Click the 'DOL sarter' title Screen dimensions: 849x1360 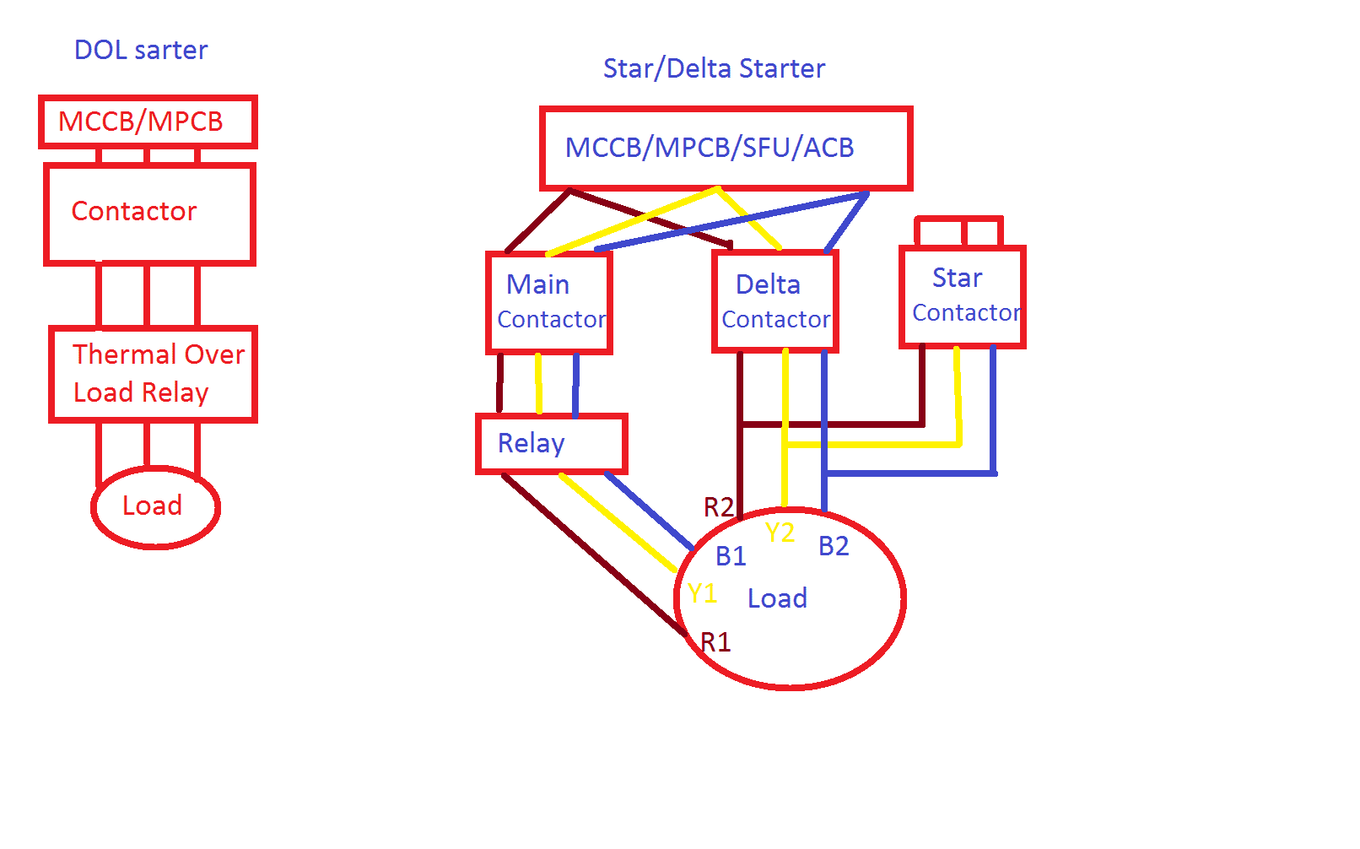click(x=141, y=50)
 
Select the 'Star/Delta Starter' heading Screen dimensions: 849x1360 click(x=714, y=68)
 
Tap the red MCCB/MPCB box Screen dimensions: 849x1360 click(x=148, y=122)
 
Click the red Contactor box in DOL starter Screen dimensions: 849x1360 click(x=149, y=214)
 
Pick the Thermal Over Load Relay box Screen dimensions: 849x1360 click(x=153, y=374)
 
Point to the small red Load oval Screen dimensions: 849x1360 click(x=155, y=506)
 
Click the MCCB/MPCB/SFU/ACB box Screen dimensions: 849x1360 click(x=726, y=148)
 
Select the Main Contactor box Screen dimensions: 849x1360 click(x=549, y=302)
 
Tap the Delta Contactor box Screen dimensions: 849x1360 click(x=775, y=301)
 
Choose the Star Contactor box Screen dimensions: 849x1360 click(x=963, y=295)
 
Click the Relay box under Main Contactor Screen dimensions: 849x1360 click(x=552, y=443)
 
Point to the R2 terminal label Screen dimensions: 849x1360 click(x=718, y=507)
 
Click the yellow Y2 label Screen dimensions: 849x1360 click(x=780, y=533)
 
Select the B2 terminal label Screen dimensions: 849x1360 click(x=834, y=546)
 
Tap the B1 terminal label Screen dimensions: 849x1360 click(x=731, y=556)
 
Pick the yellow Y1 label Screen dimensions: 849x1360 click(x=702, y=593)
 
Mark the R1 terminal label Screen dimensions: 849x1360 click(x=715, y=642)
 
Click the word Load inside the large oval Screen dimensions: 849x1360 click(x=777, y=598)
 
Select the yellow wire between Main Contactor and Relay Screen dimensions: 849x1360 click(x=538, y=384)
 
